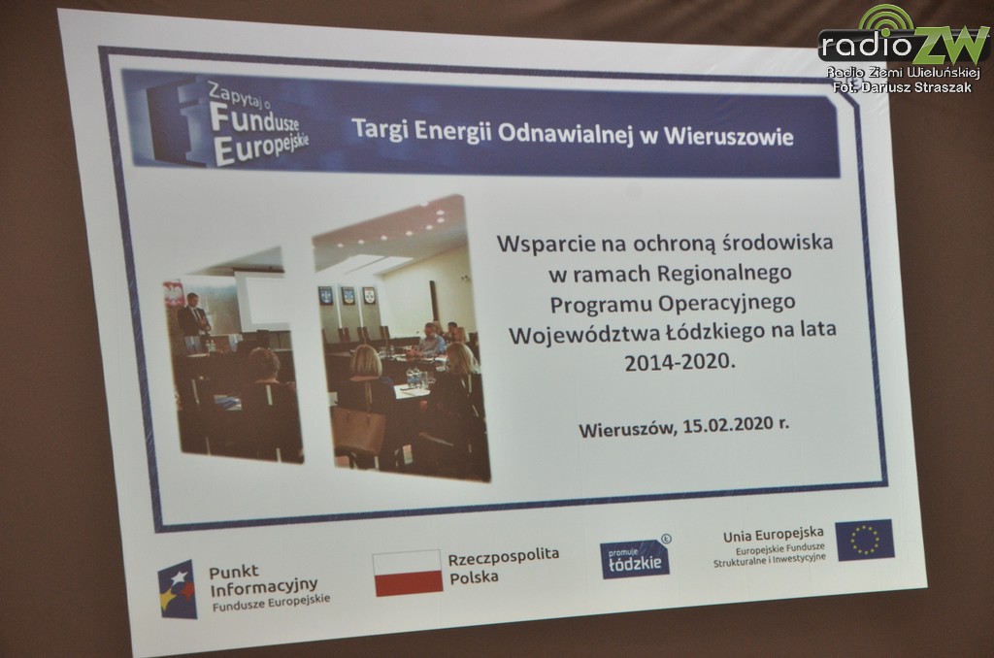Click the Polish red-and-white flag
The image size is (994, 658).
(408, 573)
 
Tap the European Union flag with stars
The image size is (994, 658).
(865, 541)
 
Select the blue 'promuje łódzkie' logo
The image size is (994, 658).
(635, 558)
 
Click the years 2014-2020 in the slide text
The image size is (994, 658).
(679, 362)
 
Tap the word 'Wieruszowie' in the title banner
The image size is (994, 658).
(728, 136)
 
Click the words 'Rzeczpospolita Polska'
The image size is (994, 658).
(504, 566)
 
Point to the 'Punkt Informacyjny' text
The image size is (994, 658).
(263, 579)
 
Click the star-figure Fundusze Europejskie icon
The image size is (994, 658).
(177, 589)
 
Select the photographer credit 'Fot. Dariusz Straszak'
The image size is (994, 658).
(902, 86)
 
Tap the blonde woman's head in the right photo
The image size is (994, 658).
(366, 360)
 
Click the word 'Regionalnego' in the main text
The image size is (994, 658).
(724, 274)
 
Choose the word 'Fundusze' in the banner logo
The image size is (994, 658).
(254, 119)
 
